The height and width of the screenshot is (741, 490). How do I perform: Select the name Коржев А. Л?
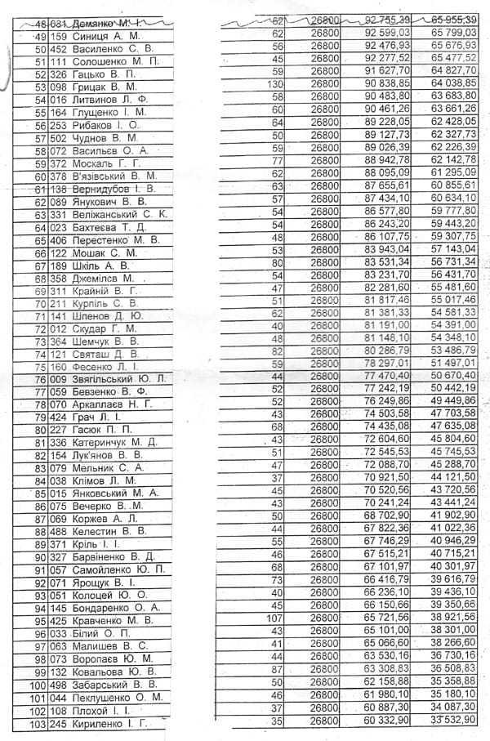coord(105,519)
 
